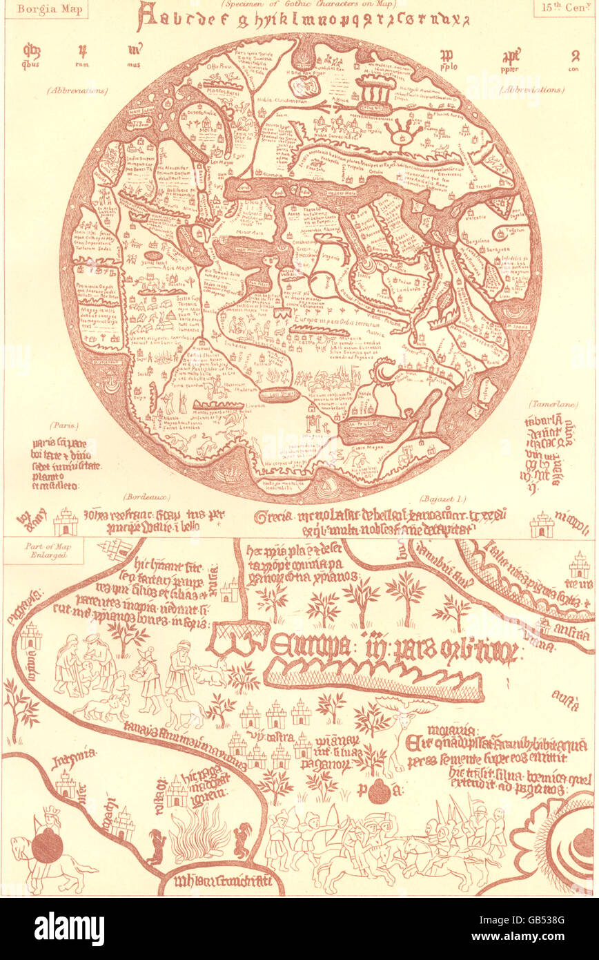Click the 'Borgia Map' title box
click(46, 10)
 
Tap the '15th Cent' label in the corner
click(561, 9)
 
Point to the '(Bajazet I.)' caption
click(442, 497)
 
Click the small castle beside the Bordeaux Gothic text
click(66, 522)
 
